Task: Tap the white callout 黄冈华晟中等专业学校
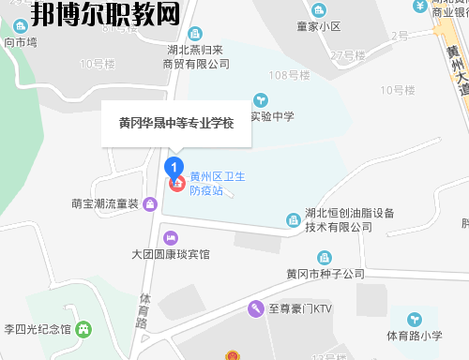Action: (x=176, y=123)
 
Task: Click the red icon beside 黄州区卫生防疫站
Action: (x=175, y=183)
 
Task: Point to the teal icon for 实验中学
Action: (x=260, y=98)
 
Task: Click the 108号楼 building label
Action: (x=289, y=75)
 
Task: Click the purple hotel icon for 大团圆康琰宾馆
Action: (x=169, y=236)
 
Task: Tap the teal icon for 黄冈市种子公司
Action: (x=325, y=257)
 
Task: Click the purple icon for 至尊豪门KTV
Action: (x=254, y=307)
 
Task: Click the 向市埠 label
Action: (x=20, y=42)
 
